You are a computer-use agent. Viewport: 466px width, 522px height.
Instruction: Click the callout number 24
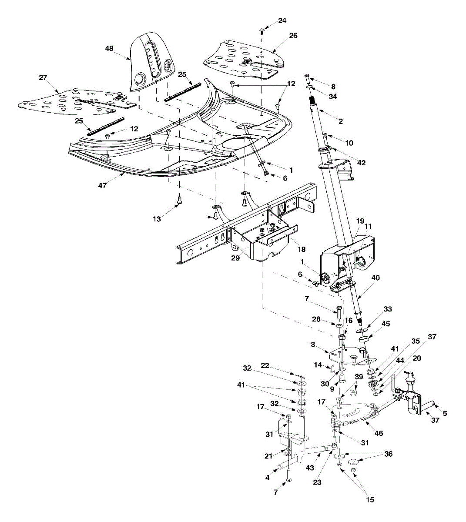tap(282, 20)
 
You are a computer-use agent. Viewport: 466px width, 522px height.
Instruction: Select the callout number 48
tap(109, 48)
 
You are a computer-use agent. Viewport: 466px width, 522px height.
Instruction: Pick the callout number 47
tap(103, 185)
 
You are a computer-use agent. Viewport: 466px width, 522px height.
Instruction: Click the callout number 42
tap(361, 163)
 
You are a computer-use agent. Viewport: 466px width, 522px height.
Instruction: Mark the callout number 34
tap(332, 96)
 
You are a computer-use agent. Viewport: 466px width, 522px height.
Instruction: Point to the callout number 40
tap(375, 278)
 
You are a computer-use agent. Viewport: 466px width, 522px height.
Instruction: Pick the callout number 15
tap(369, 500)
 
